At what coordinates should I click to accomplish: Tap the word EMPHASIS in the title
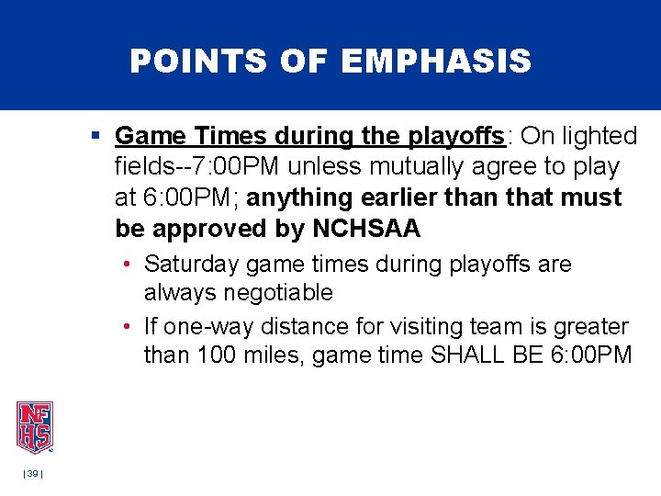tap(436, 62)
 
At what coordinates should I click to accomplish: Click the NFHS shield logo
tap(34, 427)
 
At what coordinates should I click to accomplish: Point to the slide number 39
tap(32, 473)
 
